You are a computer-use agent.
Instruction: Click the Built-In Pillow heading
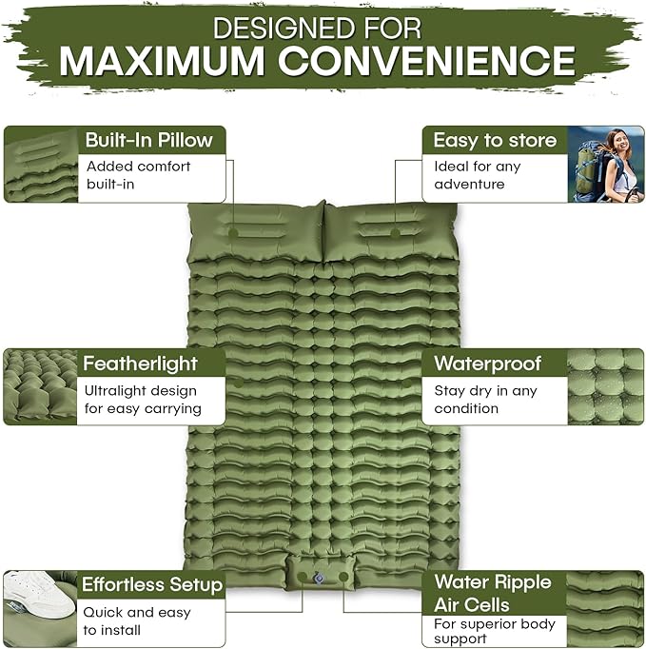coord(148,140)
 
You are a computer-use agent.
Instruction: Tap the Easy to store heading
coord(494,140)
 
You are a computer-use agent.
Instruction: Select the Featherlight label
coord(140,363)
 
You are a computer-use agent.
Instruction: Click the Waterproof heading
coord(487,363)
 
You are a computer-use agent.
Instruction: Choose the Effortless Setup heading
coord(151,584)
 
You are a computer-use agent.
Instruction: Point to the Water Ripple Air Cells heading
coord(492,593)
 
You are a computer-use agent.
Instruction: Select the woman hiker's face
coord(616,145)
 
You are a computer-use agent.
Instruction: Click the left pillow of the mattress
coord(255,231)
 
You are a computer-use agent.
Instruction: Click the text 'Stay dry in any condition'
coord(485,399)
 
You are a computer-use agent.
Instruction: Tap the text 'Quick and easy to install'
coord(135,620)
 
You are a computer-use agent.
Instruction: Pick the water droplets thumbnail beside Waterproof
coord(605,385)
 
